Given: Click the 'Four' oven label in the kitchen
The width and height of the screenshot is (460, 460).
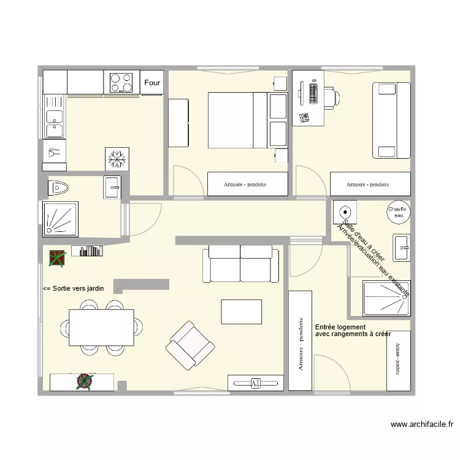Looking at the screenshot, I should coord(152,83).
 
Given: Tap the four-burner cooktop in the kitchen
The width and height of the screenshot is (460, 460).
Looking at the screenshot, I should coord(121,83).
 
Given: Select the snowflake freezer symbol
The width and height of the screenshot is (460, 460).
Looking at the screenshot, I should coord(117,159).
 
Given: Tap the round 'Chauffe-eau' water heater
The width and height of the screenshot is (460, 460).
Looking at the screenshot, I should coord(398,213).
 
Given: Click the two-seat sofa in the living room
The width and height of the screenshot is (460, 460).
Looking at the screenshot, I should coord(240,264).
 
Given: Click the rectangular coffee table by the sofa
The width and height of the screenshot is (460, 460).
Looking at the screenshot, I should coord(242,312).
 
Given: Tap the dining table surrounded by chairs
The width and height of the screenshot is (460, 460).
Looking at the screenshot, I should coord(102,327).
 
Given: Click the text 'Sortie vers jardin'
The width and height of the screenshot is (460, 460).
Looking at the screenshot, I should coord(74,288).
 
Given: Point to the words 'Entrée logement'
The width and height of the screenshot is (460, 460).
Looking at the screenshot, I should coord(340,328).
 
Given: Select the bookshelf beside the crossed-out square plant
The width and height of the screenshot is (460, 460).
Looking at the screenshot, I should coord(87,251).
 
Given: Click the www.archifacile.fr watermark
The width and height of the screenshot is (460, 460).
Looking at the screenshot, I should coord(421,424).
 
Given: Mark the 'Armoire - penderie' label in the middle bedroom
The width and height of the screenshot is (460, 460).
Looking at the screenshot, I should coord(247,184).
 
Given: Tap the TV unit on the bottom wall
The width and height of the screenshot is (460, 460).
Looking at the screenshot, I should coord(256,383).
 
